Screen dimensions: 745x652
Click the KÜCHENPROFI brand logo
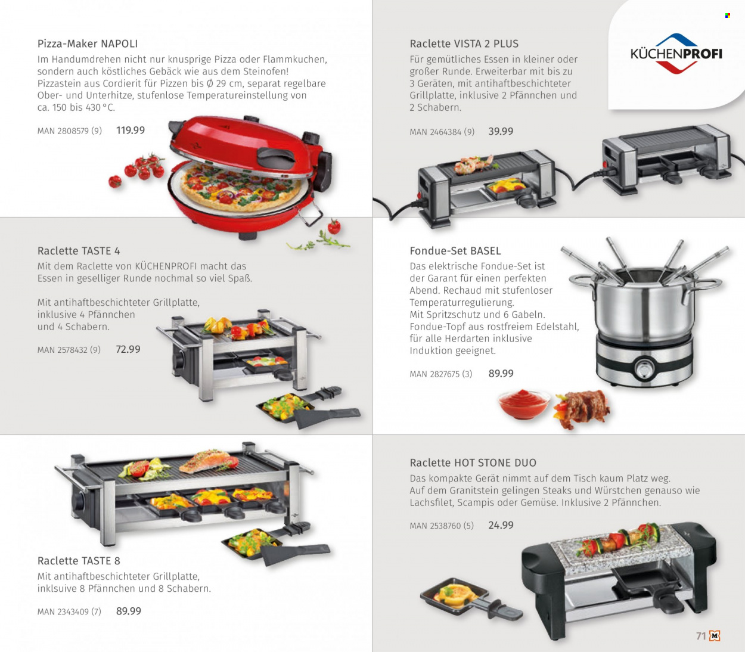pos(676,54)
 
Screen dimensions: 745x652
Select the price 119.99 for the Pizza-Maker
pos(131,131)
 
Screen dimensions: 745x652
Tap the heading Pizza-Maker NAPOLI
pos(88,44)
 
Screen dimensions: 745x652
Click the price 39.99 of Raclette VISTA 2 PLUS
pos(501,132)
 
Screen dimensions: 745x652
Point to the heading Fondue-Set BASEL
pos(455,251)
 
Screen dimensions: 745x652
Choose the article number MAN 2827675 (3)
pos(440,374)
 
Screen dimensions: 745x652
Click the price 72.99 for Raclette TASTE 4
pos(128,349)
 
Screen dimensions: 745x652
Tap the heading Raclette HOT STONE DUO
pos(473,462)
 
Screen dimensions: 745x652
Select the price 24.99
pos(501,525)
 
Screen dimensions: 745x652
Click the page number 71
pos(701,636)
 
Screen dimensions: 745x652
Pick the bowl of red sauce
pos(524,404)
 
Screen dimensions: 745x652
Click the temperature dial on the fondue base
pos(644,368)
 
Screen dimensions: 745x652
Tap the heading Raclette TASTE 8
pos(79,561)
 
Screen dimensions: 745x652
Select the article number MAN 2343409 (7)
pos(69,611)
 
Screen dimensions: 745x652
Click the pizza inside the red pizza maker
pos(241,190)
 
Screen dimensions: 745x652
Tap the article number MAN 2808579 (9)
pos(70,131)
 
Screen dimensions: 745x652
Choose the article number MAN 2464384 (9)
pos(442,132)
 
